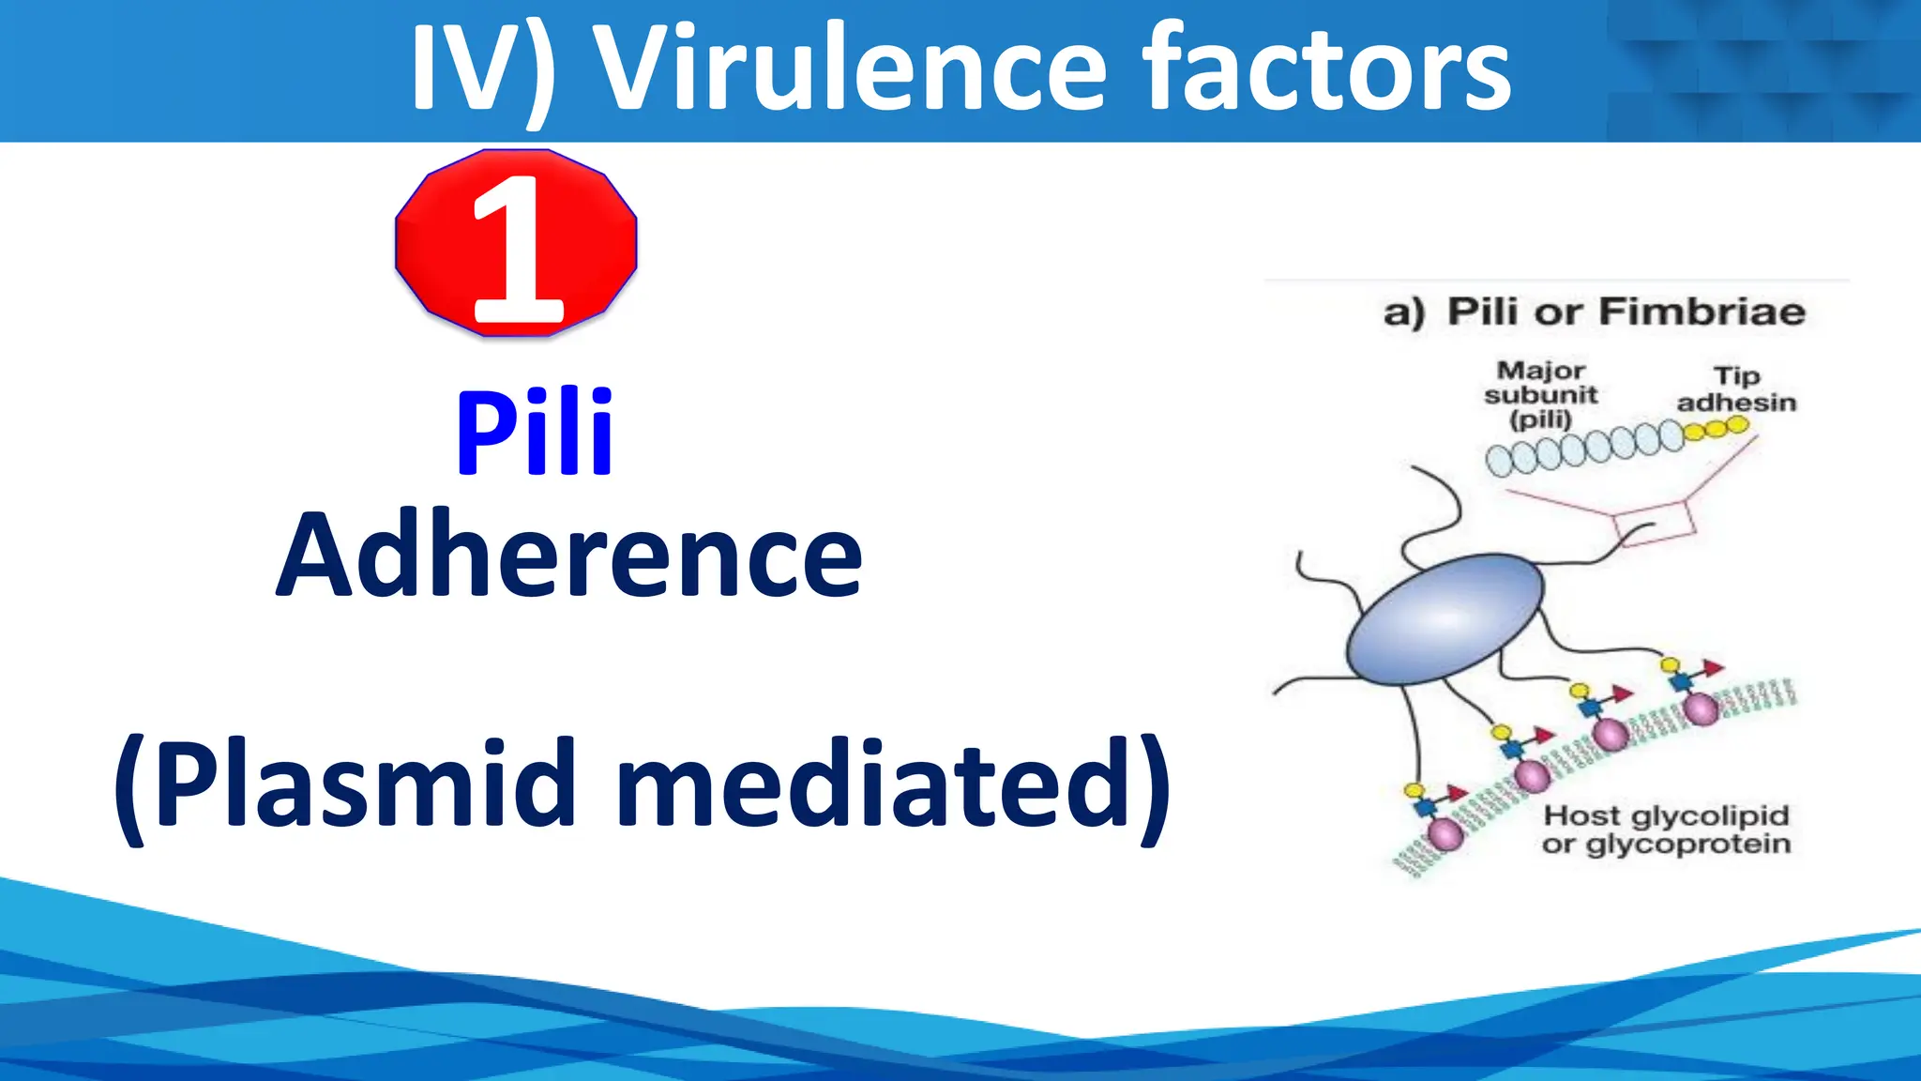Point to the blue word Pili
(x=535, y=434)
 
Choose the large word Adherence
(x=568, y=556)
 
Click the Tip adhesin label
(x=1736, y=389)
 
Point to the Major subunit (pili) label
(x=1540, y=394)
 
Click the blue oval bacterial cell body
(x=1445, y=619)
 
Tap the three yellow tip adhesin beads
(x=1716, y=428)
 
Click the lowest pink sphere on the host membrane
(x=1445, y=833)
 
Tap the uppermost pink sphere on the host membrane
(x=1702, y=708)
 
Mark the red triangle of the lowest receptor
(x=1457, y=794)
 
